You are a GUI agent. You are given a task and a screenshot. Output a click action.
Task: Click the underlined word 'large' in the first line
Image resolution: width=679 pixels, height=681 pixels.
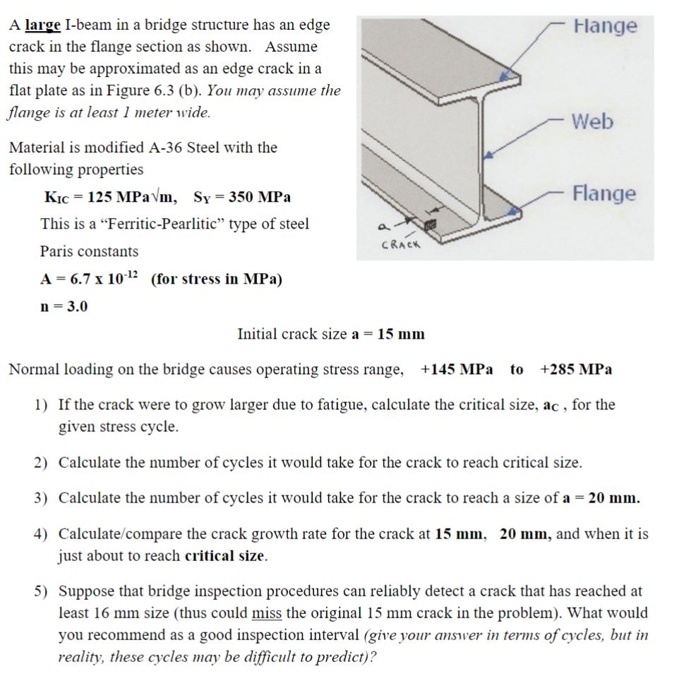tap(43, 25)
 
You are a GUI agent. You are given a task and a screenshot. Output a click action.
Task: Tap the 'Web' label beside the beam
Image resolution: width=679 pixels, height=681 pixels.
tap(592, 121)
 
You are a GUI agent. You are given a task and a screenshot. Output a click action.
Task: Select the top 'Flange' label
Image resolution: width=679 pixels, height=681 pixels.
tap(605, 26)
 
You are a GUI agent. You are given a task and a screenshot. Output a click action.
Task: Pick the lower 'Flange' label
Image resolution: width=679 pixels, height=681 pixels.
tap(603, 193)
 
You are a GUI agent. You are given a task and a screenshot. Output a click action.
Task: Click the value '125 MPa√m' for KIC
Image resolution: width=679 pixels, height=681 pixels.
tap(131, 197)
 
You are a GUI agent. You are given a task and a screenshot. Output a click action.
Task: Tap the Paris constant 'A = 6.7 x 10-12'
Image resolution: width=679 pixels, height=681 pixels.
tap(90, 279)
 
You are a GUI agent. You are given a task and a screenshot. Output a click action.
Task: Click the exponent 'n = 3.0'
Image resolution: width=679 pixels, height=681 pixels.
tap(64, 306)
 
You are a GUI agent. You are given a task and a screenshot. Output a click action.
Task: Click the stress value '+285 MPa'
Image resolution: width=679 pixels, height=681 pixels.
tap(576, 369)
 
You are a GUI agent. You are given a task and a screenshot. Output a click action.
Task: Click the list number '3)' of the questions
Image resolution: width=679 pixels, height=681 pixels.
tap(42, 498)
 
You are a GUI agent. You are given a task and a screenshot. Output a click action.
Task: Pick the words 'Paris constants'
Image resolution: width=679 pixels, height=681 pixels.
tap(90, 251)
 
